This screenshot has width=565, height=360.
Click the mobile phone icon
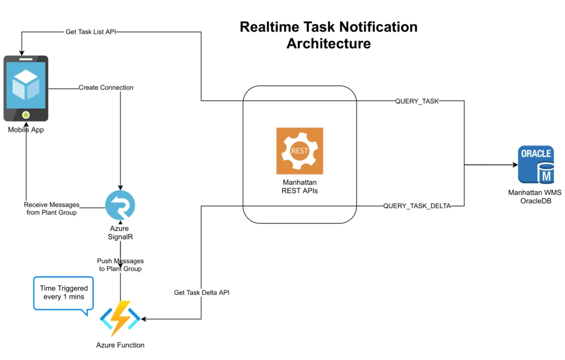click(26, 88)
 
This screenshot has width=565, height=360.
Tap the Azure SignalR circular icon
click(120, 205)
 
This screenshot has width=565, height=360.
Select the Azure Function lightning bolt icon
click(120, 319)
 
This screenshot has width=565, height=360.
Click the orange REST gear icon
click(300, 151)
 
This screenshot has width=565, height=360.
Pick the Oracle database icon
click(535, 164)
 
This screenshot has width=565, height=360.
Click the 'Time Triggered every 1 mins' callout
click(63, 293)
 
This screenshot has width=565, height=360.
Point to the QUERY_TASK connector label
click(417, 101)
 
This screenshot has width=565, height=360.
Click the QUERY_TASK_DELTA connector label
click(417, 206)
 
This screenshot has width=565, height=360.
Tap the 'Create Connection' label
click(106, 87)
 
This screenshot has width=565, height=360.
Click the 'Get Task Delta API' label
click(201, 293)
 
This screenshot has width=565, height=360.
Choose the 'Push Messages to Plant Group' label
click(120, 264)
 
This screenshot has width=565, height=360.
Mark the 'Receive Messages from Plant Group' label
click(51, 209)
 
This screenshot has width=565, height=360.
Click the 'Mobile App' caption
click(26, 130)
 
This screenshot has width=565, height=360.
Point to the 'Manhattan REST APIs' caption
click(300, 187)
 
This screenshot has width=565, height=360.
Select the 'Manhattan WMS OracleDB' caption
click(535, 197)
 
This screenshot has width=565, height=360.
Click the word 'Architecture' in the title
click(328, 44)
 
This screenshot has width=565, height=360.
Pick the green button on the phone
click(25, 115)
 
